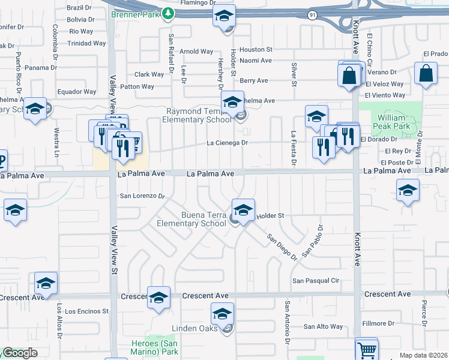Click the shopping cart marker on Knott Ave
pyautogui.click(x=367, y=348)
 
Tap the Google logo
pyautogui.click(x=19, y=353)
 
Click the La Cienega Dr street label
pyautogui.click(x=227, y=143)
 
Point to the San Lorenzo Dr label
pyautogui.click(x=142, y=196)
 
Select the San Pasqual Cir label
pyautogui.click(x=316, y=280)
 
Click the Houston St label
pyautogui.click(x=256, y=50)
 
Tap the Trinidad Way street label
pyautogui.click(x=87, y=43)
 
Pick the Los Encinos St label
pyautogui.click(x=86, y=311)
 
